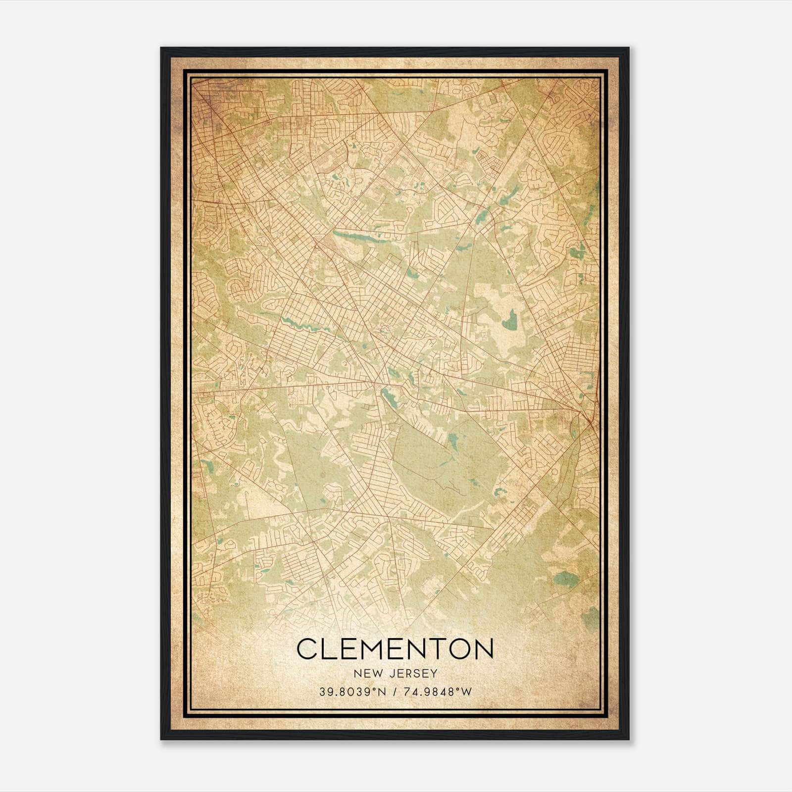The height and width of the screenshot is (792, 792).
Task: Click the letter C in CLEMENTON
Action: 307,649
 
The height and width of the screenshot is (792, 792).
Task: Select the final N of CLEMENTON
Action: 482,649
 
